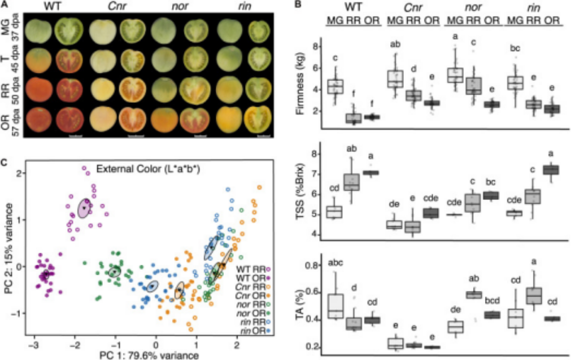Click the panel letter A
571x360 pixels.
tap(6, 4)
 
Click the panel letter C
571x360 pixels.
tap(6, 163)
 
